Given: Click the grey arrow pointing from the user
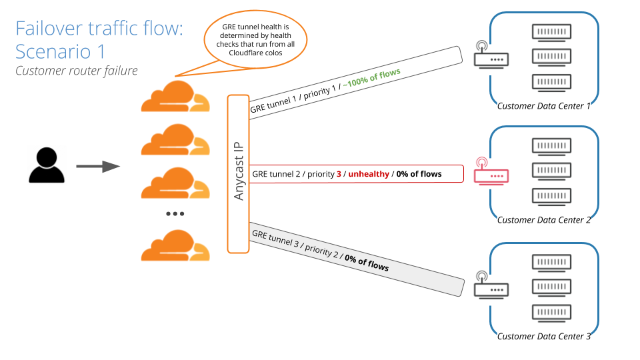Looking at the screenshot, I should click(97, 166).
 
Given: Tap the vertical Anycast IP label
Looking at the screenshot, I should click(239, 171).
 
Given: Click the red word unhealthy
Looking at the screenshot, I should click(369, 174).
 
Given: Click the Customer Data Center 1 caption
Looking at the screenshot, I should click(544, 106).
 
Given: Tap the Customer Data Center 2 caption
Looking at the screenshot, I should click(544, 220).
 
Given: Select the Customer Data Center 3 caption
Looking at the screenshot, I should click(544, 337).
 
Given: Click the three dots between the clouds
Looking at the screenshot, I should click(175, 213).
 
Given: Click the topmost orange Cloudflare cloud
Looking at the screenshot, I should click(175, 96).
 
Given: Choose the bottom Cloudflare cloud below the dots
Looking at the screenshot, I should click(175, 245).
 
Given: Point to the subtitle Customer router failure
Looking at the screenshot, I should click(77, 71).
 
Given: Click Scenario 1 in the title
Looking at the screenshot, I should click(60, 51).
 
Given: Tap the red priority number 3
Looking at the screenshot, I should click(339, 174).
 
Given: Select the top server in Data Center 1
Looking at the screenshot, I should click(553, 31).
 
